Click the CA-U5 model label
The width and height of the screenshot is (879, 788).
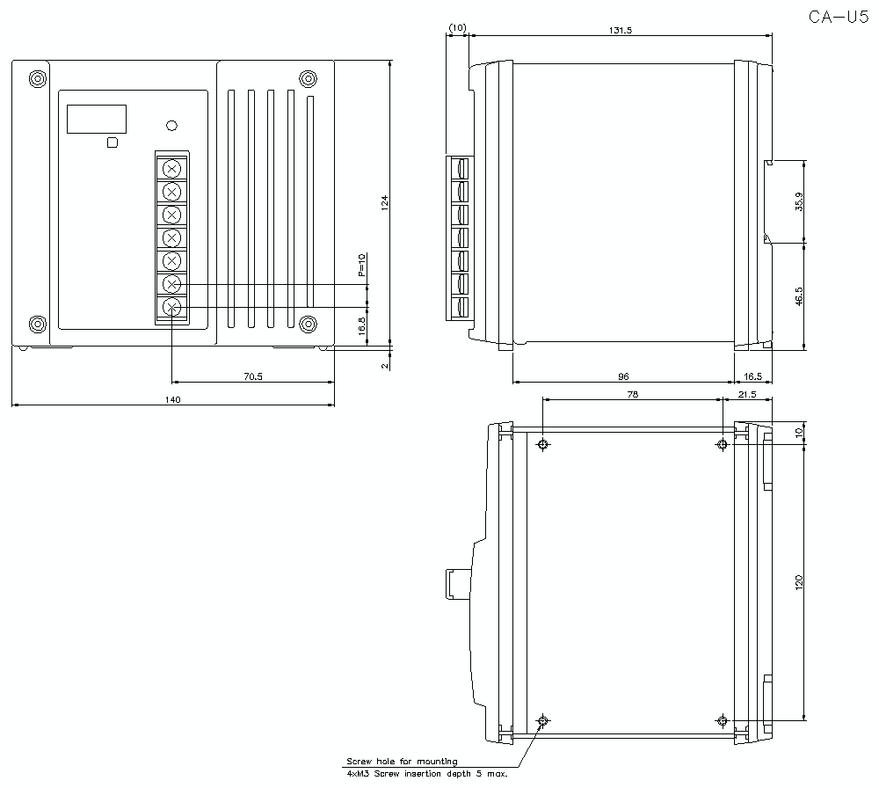(839, 18)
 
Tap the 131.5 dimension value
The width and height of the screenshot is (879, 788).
(620, 30)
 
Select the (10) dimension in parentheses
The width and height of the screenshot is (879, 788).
(457, 27)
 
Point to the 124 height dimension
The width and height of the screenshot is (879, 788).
(385, 202)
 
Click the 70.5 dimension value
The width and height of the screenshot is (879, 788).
(253, 376)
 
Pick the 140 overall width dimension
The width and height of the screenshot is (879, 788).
(172, 399)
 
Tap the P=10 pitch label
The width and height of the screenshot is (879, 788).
(361, 265)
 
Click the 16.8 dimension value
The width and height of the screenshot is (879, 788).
(361, 326)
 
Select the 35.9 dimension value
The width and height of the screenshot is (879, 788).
(799, 202)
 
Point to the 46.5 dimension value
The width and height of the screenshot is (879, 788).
(799, 296)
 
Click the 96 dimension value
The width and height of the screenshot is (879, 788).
(623, 376)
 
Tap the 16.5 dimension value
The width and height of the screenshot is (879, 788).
(753, 376)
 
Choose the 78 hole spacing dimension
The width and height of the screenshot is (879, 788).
(632, 394)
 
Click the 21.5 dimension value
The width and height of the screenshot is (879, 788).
(747, 394)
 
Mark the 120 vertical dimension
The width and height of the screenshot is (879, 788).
(799, 581)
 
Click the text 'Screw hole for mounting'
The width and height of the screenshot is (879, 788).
(402, 761)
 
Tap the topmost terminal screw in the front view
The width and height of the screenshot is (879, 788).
(172, 168)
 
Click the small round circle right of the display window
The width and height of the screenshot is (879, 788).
(172, 126)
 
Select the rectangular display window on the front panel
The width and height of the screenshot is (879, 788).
(97, 119)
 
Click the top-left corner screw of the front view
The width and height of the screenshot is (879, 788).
(37, 78)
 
